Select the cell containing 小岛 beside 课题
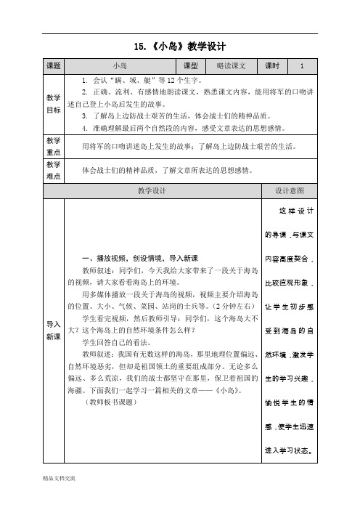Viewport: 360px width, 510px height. [121, 66]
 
